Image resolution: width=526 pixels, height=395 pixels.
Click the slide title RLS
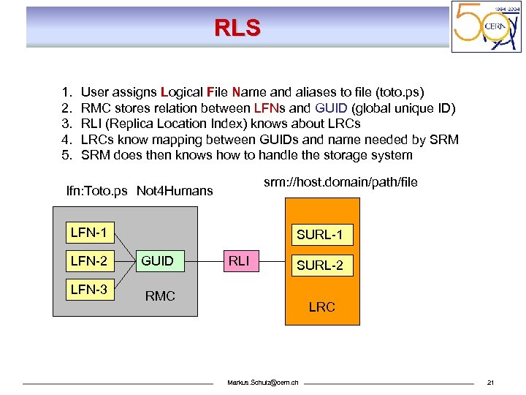[x=237, y=28]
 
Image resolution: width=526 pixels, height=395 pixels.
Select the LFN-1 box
[x=88, y=233]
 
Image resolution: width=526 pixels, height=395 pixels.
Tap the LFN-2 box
[x=88, y=261]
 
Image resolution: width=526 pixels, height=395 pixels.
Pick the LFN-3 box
[x=88, y=289]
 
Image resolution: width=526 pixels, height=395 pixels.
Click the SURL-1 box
[x=320, y=235]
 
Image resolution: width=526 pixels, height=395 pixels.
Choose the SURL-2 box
[x=320, y=265]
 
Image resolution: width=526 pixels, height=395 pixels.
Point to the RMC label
[x=160, y=296]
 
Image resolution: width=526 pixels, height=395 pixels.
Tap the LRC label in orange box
[x=321, y=307]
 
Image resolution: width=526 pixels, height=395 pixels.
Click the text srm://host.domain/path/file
[x=340, y=182]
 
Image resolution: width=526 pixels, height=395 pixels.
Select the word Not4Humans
[x=175, y=191]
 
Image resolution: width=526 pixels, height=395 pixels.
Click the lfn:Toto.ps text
[x=96, y=191]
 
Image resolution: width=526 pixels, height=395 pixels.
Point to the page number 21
[x=491, y=383]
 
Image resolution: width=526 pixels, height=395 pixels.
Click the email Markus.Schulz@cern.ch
[x=268, y=383]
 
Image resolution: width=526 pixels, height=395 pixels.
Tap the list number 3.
[x=66, y=124]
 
